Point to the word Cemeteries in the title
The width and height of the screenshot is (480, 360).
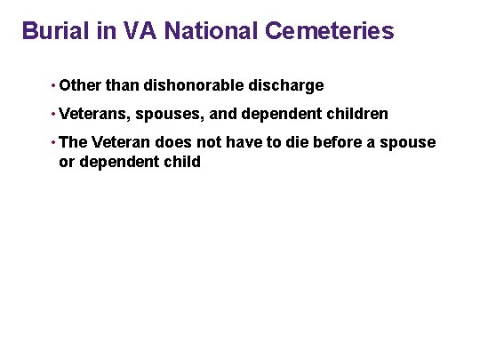pyautogui.click(x=329, y=31)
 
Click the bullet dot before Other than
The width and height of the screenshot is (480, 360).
pyautogui.click(x=54, y=86)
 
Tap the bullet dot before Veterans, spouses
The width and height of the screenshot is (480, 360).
pyautogui.click(x=54, y=115)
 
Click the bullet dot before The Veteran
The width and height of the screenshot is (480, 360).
pyautogui.click(x=54, y=143)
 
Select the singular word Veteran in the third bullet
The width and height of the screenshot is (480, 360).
pyautogui.click(x=122, y=143)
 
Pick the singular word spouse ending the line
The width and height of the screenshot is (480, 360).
pyautogui.click(x=412, y=143)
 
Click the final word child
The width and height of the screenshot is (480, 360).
pyautogui.click(x=182, y=162)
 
